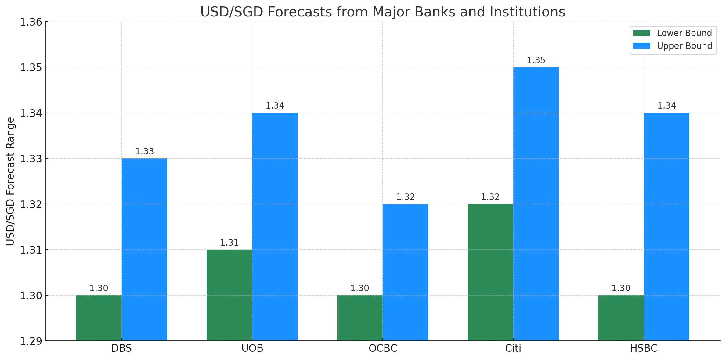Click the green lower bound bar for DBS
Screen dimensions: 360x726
pyautogui.click(x=99, y=318)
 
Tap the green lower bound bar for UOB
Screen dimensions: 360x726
pyautogui.click(x=229, y=295)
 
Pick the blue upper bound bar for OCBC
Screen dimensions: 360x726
pyautogui.click(x=405, y=272)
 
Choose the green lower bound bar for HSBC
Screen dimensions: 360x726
pyautogui.click(x=621, y=318)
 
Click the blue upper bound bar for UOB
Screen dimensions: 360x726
pyautogui.click(x=275, y=226)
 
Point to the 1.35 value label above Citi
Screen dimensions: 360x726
pyautogui.click(x=536, y=60)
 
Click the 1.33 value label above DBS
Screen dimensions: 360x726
pyautogui.click(x=144, y=152)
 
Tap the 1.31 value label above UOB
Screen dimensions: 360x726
pyautogui.click(x=229, y=243)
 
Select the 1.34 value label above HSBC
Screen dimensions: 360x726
pyautogui.click(x=666, y=106)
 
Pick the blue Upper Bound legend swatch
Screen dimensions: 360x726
pyautogui.click(x=641, y=46)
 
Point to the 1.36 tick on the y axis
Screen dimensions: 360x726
pyautogui.click(x=31, y=22)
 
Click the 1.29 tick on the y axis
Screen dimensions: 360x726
pyautogui.click(x=31, y=341)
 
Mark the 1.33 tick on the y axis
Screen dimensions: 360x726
pyautogui.click(x=31, y=159)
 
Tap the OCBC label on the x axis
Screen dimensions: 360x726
pyautogui.click(x=383, y=348)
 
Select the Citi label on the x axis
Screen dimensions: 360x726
pyautogui.click(x=513, y=348)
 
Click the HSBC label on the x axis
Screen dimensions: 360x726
pyautogui.click(x=644, y=348)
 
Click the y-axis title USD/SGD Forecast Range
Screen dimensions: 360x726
pyautogui.click(x=10, y=181)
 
